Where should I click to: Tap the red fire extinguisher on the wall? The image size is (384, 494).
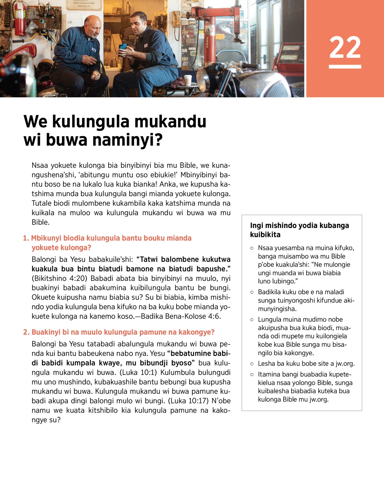20,19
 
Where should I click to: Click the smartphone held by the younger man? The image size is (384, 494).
123,47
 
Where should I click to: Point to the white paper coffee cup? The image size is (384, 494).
188,80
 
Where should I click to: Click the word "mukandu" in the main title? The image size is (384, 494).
170,122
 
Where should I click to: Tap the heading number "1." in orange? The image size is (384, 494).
26,238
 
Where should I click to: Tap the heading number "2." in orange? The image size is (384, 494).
26,332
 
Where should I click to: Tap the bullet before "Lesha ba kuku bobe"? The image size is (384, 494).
252,364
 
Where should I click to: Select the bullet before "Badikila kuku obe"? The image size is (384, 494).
252,292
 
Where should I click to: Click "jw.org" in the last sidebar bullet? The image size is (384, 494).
319,399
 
